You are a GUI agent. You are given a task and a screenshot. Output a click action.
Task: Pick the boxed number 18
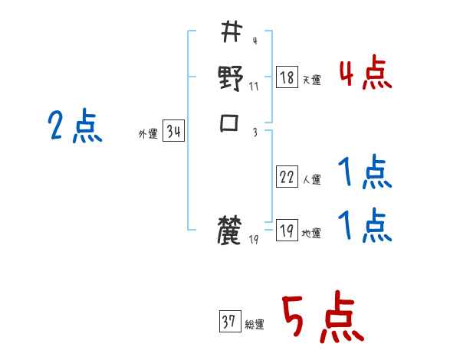click(287, 77)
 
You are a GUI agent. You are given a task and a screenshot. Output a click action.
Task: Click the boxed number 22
click(287, 177)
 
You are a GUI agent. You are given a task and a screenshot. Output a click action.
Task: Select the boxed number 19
click(287, 231)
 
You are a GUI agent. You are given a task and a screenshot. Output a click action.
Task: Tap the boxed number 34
click(173, 132)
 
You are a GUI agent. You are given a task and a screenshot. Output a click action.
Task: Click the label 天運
click(312, 80)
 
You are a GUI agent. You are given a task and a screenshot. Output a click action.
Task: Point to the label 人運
click(312, 179)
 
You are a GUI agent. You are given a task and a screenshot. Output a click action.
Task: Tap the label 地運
click(312, 233)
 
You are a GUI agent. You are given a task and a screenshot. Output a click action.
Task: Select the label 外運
click(148, 134)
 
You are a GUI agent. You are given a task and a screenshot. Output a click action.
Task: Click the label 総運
click(255, 324)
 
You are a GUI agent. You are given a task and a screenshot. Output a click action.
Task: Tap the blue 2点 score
click(74, 126)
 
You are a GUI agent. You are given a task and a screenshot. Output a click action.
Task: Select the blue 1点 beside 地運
click(365, 226)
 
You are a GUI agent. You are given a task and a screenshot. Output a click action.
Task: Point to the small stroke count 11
click(254, 86)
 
